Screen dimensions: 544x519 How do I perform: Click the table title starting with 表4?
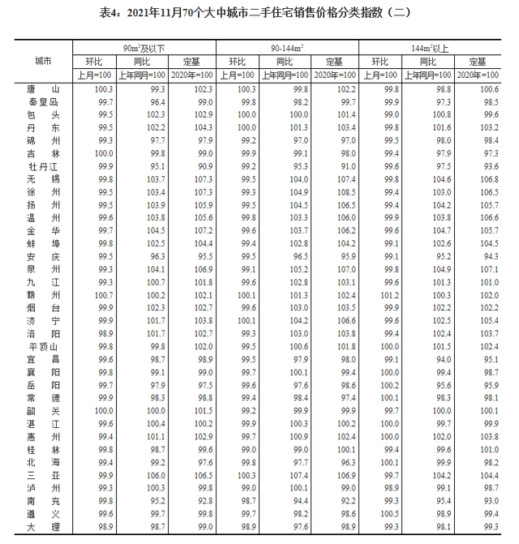point(259,12)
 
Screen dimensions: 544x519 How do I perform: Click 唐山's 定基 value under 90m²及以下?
point(203,88)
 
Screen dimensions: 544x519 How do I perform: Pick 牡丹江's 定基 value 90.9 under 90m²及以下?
point(203,165)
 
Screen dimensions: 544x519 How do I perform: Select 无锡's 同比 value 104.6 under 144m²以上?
point(442,178)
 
